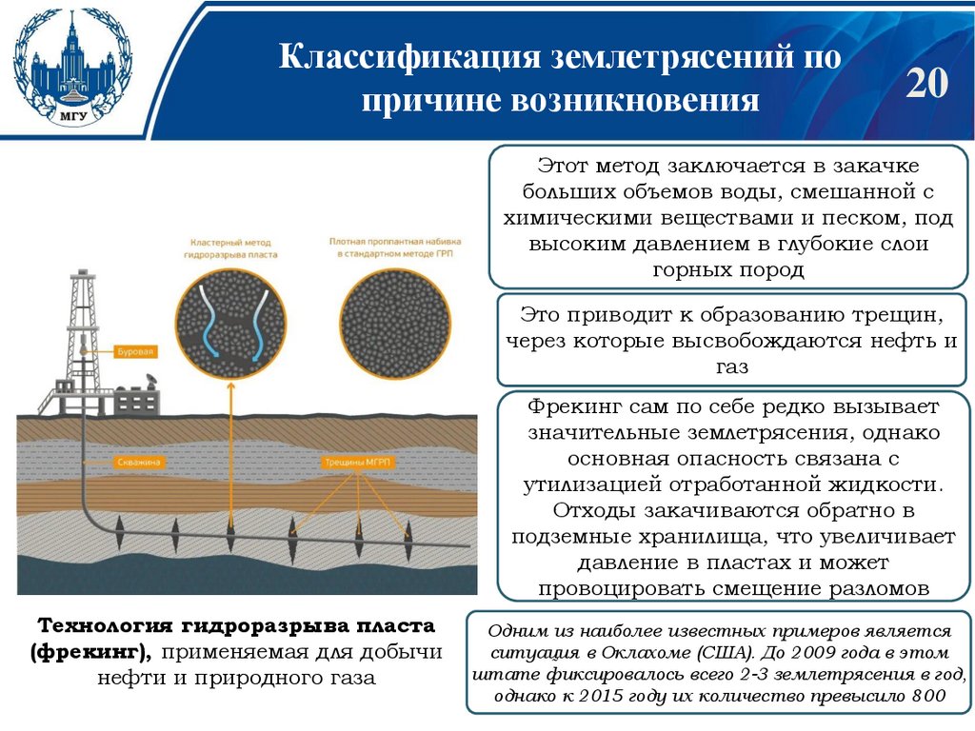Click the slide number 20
926,85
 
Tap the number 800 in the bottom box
924,697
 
